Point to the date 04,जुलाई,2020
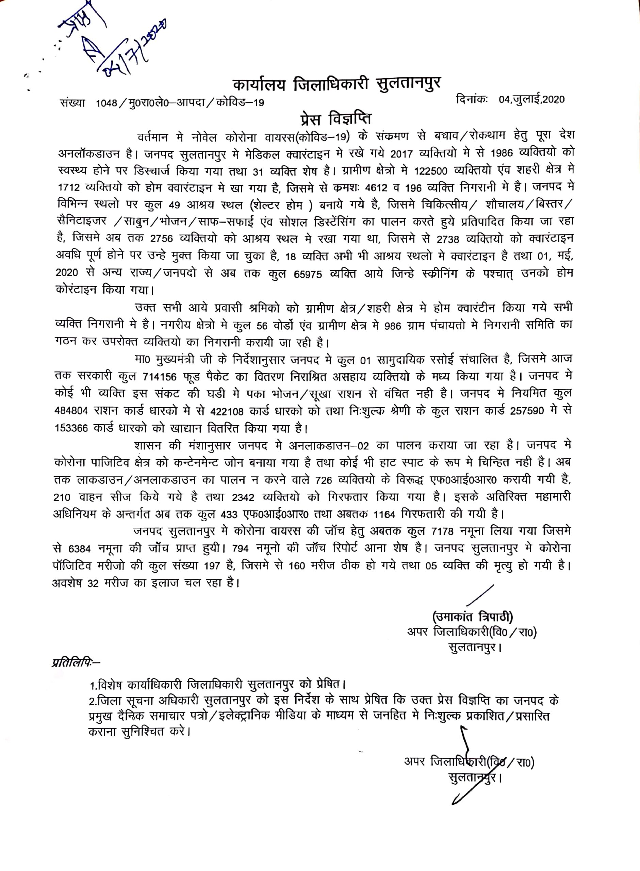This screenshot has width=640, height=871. click(x=531, y=100)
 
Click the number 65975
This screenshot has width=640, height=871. click(x=308, y=274)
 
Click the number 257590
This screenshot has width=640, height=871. click(x=527, y=411)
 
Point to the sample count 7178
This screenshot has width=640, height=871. click(x=442, y=531)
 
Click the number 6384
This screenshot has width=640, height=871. click(x=79, y=549)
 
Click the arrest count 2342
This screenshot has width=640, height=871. click(x=243, y=497)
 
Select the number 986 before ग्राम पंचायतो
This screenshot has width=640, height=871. click(x=392, y=326)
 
